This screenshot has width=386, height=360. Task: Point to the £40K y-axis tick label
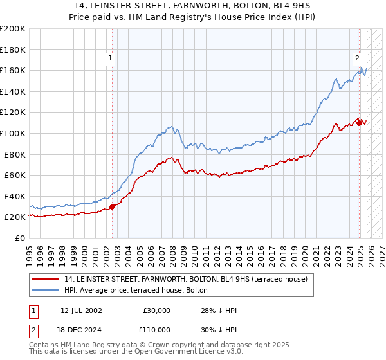14,196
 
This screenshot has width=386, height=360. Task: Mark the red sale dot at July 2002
112,206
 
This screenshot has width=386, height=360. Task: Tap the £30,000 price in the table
156,310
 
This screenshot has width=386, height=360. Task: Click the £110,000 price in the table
156,328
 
